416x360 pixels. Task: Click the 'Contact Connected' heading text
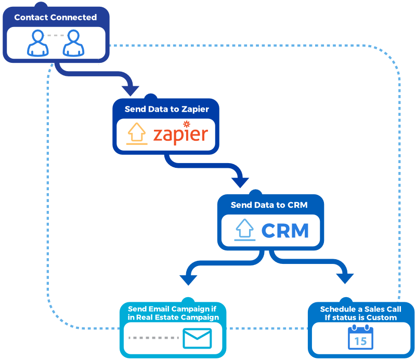(x=55, y=17)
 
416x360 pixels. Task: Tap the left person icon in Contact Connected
(x=37, y=43)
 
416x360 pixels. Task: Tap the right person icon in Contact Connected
(x=73, y=43)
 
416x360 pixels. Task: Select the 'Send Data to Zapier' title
(x=166, y=109)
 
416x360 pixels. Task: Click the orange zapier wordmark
(x=180, y=134)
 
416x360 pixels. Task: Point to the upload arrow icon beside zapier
(x=137, y=132)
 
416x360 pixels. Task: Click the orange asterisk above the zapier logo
(x=186, y=124)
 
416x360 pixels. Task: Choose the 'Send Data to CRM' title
(x=269, y=205)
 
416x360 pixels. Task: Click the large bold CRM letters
(x=285, y=230)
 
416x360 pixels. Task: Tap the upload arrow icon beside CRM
(x=245, y=229)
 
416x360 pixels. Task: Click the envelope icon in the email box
(x=197, y=339)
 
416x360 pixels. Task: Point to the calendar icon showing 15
(x=360, y=336)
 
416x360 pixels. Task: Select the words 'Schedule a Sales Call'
(x=361, y=309)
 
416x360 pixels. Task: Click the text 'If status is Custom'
(x=361, y=317)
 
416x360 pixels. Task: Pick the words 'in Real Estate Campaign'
(x=173, y=317)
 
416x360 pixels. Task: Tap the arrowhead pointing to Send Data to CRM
(x=240, y=182)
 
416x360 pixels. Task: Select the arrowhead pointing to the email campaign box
(x=188, y=278)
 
